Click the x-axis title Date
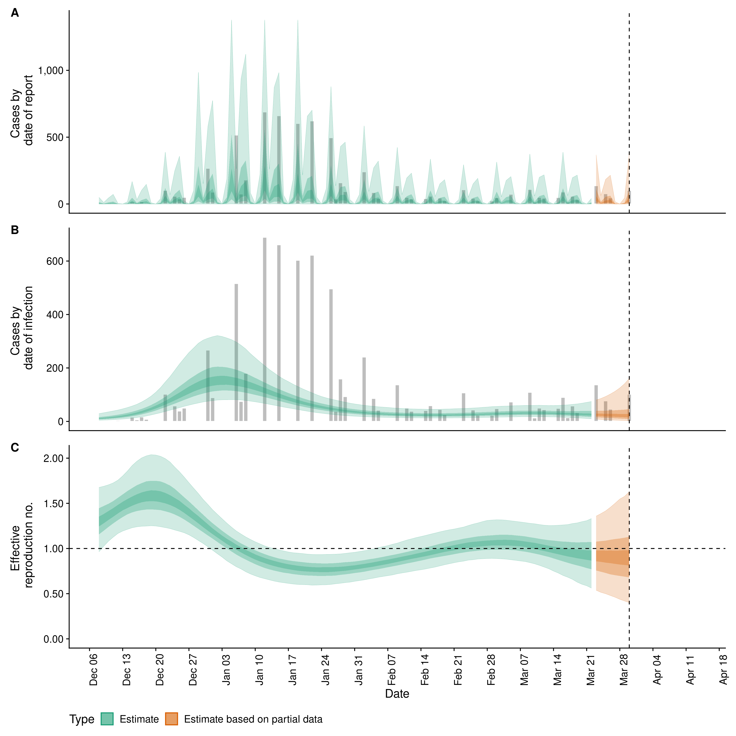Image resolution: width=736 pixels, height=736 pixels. tap(397, 694)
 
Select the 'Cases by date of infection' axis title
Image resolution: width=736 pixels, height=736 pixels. tap(22, 328)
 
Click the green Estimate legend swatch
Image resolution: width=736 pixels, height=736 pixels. tap(107, 719)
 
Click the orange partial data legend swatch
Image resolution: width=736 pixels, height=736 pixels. tap(171, 719)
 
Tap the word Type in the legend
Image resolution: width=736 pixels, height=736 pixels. tap(81, 719)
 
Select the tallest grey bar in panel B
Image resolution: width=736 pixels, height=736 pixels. tap(265, 329)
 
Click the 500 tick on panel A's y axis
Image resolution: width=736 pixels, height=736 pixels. tap(55, 137)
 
